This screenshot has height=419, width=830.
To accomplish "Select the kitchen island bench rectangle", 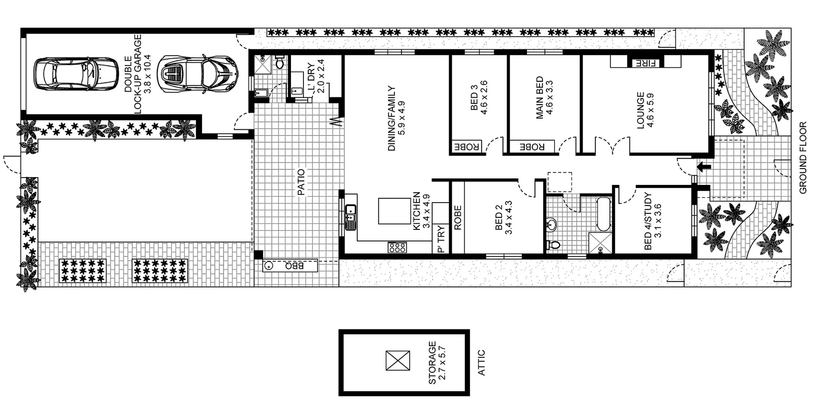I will (394, 211).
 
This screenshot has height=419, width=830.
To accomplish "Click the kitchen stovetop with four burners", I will (397, 248).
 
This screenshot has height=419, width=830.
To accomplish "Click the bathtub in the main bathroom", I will (603, 214).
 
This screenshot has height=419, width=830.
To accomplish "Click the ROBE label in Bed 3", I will (466, 147).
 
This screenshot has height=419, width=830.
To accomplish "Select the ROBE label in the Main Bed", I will (531, 147).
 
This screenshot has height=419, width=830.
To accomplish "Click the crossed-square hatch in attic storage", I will (398, 361).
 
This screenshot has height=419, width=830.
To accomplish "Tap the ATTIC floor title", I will (482, 363).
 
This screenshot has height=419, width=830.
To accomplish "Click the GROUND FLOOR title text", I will (803, 158).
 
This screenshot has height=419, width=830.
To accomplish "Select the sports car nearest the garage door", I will (197, 73).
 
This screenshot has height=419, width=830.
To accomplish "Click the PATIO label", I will (301, 182).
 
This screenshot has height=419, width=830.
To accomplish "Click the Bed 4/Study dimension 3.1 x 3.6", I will (658, 221).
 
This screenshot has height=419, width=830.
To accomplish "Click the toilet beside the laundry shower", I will (279, 63).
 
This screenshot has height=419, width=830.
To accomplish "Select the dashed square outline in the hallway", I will (559, 182).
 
